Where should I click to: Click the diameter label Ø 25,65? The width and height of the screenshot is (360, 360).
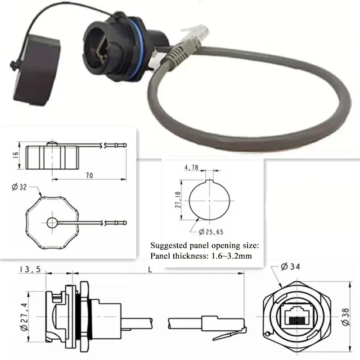click(211, 231)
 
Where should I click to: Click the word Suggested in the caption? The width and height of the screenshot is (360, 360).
click(169, 246)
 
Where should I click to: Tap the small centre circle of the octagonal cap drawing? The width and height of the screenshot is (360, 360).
click(53, 222)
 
